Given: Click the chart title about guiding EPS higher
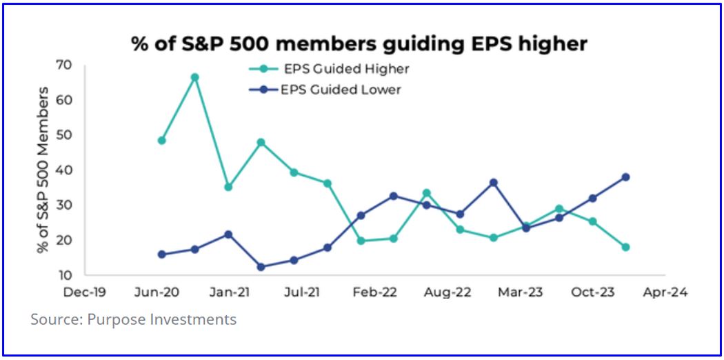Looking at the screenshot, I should click(359, 44).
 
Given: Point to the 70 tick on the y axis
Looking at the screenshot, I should click(64, 66).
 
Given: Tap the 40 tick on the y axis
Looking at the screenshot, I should click(64, 170).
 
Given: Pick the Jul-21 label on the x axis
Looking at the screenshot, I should click(303, 292).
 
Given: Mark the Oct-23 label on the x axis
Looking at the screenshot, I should click(592, 292).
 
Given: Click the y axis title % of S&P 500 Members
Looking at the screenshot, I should click(43, 170).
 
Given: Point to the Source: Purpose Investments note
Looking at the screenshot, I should click(133, 320).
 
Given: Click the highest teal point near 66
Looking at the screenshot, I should click(194, 77).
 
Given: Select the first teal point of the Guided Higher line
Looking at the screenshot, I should click(161, 140).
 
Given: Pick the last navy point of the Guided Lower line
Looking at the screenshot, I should click(625, 177).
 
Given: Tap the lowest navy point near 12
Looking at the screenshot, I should click(261, 267).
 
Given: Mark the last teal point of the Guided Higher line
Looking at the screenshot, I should click(625, 247).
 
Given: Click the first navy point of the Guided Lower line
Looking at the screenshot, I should click(161, 254).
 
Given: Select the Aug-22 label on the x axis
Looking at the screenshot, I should click(448, 292).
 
